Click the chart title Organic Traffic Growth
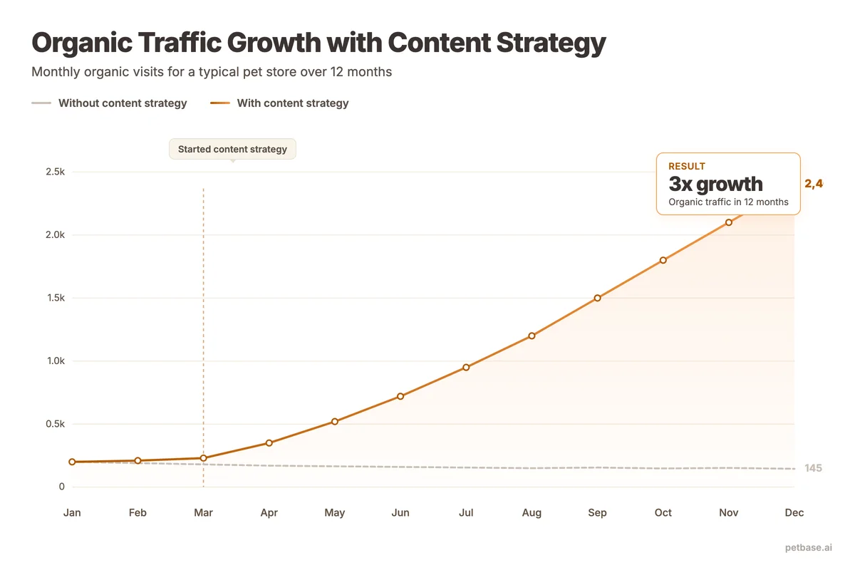tap(318, 43)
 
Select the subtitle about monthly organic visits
tap(212, 72)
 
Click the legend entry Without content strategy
tap(122, 103)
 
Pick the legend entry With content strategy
tap(292, 103)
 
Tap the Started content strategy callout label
tap(232, 149)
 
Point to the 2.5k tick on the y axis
tap(54, 172)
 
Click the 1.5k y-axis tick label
tap(54, 298)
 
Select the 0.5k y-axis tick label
tap(54, 424)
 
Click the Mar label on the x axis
tap(203, 513)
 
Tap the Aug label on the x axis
tap(532, 513)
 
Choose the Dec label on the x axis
tap(794, 513)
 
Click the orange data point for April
tap(269, 443)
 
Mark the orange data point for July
tap(466, 368)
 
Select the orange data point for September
tap(597, 298)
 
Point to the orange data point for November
tap(728, 222)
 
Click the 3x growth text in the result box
tap(715, 184)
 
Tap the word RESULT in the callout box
tap(687, 166)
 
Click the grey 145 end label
tap(813, 468)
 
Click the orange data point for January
tap(72, 462)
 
